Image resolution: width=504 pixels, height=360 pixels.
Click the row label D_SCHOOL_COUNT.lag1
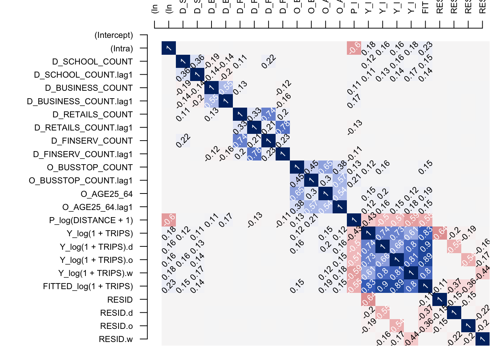[83, 75]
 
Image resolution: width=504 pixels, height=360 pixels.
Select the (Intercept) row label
[114, 35]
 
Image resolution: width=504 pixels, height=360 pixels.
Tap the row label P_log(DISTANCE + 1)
[91, 220]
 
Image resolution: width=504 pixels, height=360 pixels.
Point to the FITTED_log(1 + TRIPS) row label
[88, 286]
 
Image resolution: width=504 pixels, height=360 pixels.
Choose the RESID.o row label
[116, 326]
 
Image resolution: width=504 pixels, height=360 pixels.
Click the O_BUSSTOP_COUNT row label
[90, 168]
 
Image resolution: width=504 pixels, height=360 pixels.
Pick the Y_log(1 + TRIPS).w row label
[95, 273]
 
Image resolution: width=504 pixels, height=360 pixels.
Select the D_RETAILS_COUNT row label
[93, 115]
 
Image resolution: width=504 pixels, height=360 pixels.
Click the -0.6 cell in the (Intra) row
[354, 48]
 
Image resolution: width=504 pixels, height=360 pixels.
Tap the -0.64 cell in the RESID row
[368, 299]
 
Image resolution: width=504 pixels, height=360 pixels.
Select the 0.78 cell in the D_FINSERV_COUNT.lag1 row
[254, 153]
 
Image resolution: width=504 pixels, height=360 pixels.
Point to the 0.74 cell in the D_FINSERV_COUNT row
[240, 140]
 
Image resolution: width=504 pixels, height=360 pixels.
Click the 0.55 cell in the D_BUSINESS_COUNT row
[226, 87]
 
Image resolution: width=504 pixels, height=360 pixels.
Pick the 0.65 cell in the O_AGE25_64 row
[297, 193]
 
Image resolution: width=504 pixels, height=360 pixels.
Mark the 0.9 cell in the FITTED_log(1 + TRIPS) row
[382, 286]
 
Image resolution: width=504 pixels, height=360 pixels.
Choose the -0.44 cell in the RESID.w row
[411, 339]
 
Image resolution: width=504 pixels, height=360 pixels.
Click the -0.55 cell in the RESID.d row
[382, 312]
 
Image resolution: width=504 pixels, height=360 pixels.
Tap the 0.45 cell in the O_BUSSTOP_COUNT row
[311, 167]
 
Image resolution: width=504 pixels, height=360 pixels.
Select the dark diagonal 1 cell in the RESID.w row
[482, 339]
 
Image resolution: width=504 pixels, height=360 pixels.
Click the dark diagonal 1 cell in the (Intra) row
[169, 48]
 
